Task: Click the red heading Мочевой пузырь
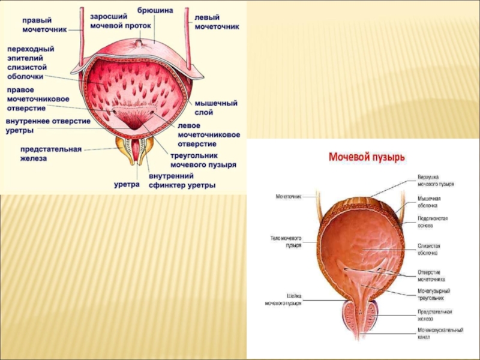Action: (x=366, y=157)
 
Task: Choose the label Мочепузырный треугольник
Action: (x=434, y=294)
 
